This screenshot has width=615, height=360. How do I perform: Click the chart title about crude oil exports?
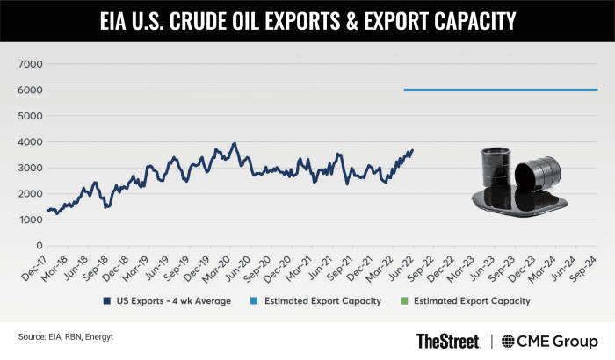pyautogui.click(x=307, y=18)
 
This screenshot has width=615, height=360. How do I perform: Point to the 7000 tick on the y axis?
pyautogui.click(x=31, y=64)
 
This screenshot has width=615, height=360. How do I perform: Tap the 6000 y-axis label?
pyautogui.click(x=31, y=90)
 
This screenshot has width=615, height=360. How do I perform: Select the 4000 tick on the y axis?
pyautogui.click(x=31, y=141)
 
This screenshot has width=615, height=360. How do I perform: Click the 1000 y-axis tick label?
pyautogui.click(x=31, y=219)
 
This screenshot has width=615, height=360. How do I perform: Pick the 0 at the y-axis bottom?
pyautogui.click(x=39, y=244)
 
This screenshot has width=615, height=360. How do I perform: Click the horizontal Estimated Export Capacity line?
pyautogui.click(x=501, y=90)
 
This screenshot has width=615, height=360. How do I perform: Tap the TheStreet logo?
pyautogui.click(x=448, y=341)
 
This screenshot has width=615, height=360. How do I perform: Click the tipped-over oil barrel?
pyautogui.click(x=538, y=174)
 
